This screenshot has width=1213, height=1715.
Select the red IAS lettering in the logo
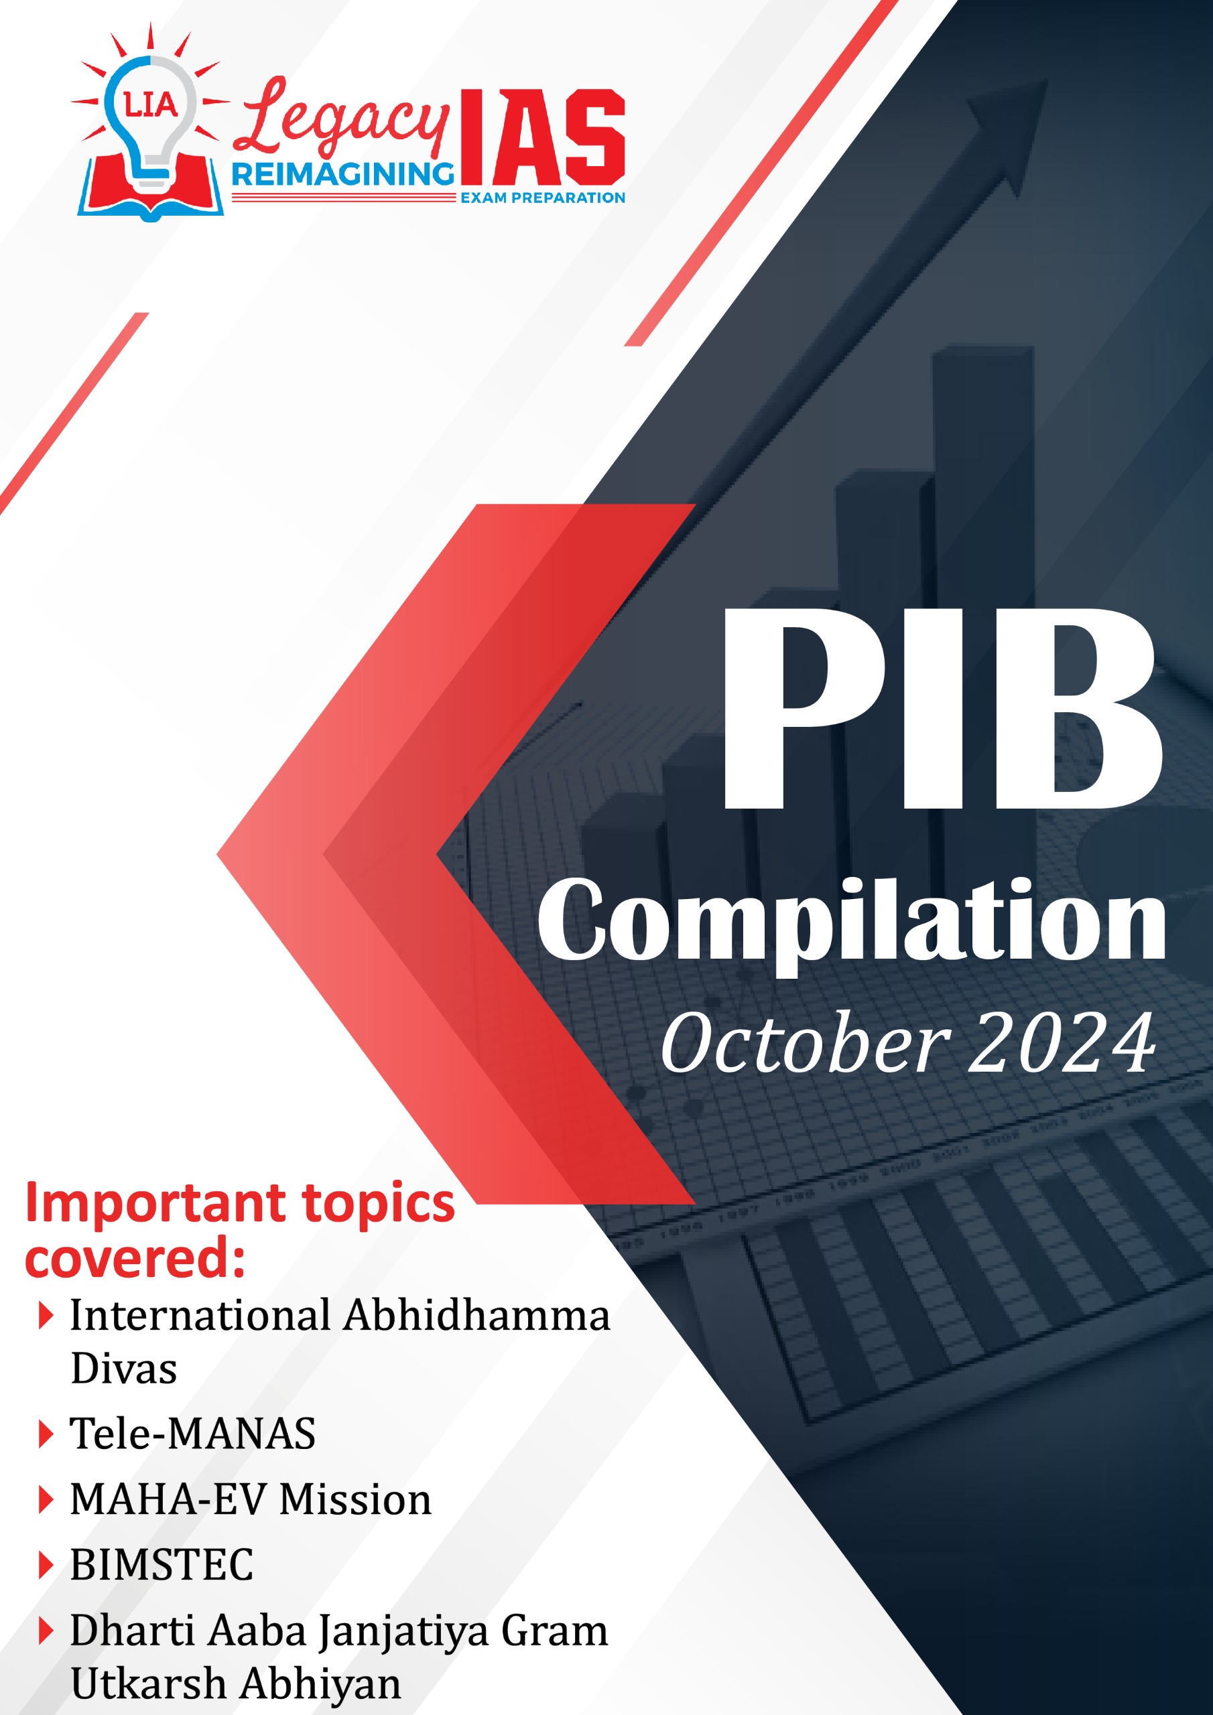[542, 138]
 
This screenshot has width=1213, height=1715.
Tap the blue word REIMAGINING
[343, 175]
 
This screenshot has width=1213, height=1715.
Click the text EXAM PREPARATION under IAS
[543, 198]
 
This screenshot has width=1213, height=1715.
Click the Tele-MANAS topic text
[193, 1434]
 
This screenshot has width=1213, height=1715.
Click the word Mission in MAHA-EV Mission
[356, 1499]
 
